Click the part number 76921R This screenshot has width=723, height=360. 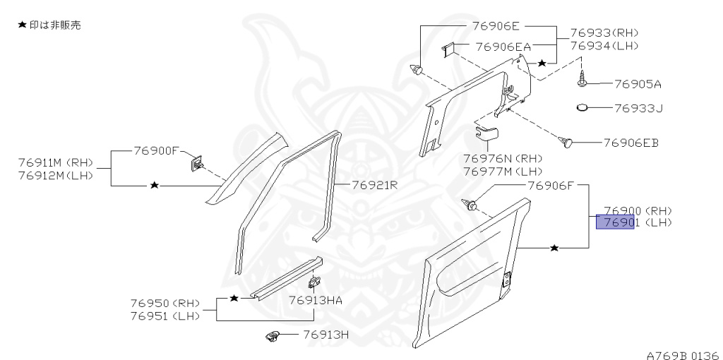(376, 186)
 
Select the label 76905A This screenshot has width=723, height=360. (638, 84)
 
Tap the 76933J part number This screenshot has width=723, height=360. (638, 109)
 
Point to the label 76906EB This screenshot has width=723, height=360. (631, 143)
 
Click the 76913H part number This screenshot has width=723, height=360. (326, 335)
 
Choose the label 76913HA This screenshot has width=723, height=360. (315, 300)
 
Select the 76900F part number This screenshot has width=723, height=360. (157, 151)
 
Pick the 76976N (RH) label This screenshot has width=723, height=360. (503, 158)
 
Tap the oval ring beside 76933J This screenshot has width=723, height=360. (582, 108)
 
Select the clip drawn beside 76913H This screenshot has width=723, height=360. (273, 336)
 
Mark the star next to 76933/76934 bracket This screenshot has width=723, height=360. (542, 64)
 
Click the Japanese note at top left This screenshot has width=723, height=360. (49, 25)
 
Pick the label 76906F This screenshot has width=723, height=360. (554, 186)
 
